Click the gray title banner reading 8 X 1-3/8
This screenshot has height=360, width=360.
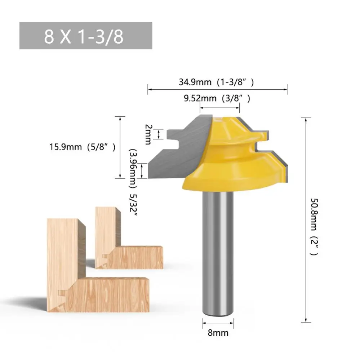click(x=85, y=36)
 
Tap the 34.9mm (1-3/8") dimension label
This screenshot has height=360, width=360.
click(x=217, y=82)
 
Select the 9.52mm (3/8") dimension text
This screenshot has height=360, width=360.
click(x=217, y=98)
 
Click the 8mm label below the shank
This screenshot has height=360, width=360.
click(x=218, y=333)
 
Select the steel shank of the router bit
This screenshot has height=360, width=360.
click(x=218, y=252)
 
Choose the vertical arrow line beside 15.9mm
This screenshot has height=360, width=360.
click(x=120, y=147)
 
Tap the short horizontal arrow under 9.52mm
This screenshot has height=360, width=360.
click(x=220, y=107)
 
